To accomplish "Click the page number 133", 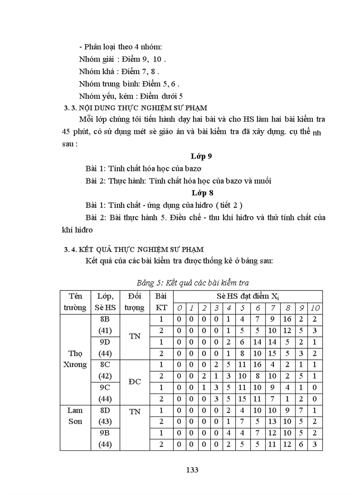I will (x=192, y=469).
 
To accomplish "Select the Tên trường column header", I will (x=75, y=302).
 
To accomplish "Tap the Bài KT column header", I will (x=161, y=302).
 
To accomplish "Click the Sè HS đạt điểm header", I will (x=248, y=296).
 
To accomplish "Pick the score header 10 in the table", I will (x=315, y=308).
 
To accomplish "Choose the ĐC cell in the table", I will (x=135, y=382).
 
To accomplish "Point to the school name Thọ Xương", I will (x=75, y=359).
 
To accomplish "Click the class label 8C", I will (x=105, y=365).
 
